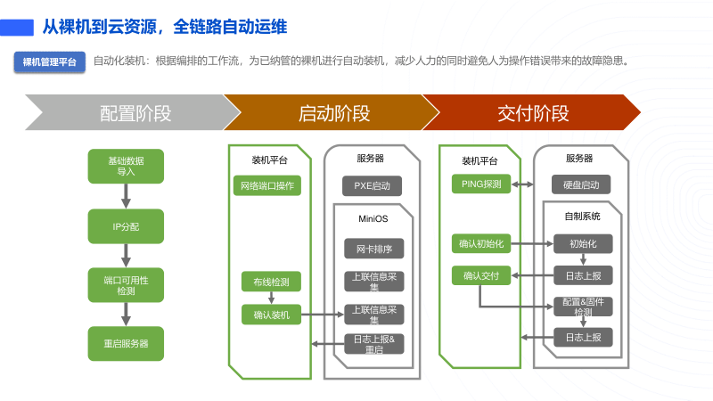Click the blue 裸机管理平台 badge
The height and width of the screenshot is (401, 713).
coord(50,61)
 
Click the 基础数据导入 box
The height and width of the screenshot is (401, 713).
coord(126,167)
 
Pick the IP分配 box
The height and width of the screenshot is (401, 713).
coord(126,226)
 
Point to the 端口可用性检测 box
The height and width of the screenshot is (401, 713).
coord(126,285)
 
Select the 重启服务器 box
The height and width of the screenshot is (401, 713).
coord(126,343)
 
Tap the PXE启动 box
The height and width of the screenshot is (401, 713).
coord(373,185)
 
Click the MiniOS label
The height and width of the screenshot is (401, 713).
coord(373,219)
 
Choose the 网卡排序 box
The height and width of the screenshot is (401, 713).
coord(374,249)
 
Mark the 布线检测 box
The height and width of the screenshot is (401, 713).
coord(271,282)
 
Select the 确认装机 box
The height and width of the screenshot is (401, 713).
coord(271,314)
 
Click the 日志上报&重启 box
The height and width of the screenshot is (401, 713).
coord(374,344)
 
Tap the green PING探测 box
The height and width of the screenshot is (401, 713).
coord(481,184)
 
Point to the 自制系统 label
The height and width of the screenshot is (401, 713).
coord(582,216)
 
